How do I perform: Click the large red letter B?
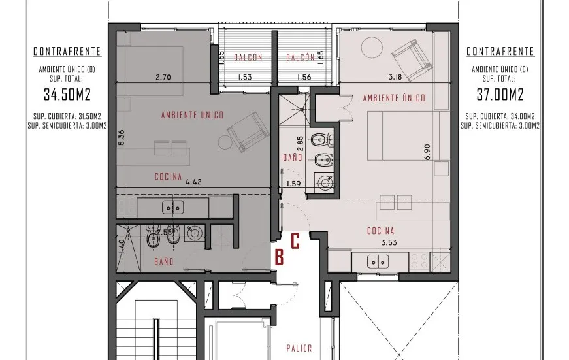(279, 257)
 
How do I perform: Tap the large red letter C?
(295, 241)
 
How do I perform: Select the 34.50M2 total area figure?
(67, 94)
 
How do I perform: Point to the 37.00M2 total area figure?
(500, 94)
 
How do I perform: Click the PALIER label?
(299, 348)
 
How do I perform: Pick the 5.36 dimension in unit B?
(122, 138)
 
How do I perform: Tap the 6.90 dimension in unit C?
(427, 152)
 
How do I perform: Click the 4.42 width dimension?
(193, 182)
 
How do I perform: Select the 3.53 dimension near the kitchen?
(389, 242)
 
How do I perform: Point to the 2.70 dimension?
(163, 77)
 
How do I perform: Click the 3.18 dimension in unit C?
(395, 77)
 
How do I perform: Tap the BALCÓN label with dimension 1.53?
(248, 57)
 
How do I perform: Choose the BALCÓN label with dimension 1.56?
(301, 57)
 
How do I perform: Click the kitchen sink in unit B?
(172, 208)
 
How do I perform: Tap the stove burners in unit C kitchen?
(419, 261)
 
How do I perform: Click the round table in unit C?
(372, 47)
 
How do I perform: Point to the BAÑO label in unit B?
(164, 261)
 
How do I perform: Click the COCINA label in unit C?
(381, 231)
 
